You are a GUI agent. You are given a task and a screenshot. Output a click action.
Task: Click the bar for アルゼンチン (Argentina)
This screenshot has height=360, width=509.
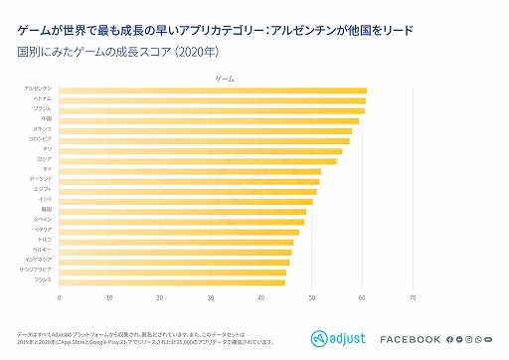click(213, 90)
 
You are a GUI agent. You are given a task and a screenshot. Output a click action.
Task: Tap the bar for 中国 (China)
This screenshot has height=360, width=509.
click(209, 120)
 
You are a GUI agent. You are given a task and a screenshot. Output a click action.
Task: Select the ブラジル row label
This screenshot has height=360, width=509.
click(43, 110)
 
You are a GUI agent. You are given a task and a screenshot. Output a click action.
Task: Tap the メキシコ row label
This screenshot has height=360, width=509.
click(42, 130)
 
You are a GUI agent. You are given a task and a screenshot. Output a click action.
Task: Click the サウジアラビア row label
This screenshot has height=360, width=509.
click(37, 271)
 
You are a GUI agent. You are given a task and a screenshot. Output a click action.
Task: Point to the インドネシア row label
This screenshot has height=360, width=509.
click(39, 261)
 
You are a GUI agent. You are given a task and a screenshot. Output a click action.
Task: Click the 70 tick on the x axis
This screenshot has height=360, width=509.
click(413, 297)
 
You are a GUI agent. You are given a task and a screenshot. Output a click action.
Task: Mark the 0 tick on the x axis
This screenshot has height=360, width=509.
click(60, 297)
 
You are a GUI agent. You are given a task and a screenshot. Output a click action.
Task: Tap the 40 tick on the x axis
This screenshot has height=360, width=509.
click(261, 297)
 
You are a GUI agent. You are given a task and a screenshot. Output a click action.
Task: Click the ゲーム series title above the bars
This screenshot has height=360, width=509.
click(225, 78)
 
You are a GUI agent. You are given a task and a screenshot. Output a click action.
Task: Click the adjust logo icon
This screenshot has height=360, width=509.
click(320, 339)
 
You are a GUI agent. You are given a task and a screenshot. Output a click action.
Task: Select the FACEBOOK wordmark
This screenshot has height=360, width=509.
click(410, 340)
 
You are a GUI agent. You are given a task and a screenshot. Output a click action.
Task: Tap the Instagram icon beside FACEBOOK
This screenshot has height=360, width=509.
click(471, 340)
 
